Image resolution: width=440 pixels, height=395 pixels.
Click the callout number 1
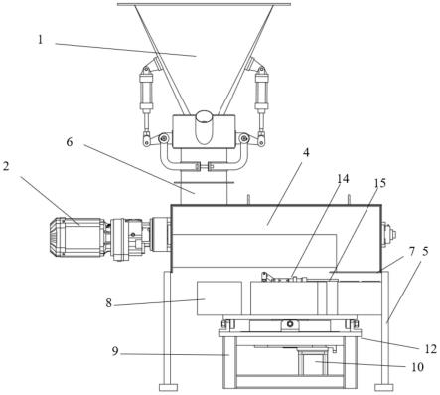click(40, 40)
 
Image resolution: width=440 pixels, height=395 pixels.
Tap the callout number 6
click(70, 142)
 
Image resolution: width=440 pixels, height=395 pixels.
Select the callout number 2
click(6, 166)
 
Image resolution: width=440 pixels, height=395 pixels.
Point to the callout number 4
click(306, 153)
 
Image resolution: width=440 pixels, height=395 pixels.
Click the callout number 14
click(343, 179)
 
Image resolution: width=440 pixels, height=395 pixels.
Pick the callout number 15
click(380, 183)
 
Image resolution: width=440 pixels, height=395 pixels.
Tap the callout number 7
click(411, 252)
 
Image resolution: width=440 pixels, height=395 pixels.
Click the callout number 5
click(425, 251)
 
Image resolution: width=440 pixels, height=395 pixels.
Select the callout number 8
click(109, 302)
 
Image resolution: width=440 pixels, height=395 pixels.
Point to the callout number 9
click(115, 351)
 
